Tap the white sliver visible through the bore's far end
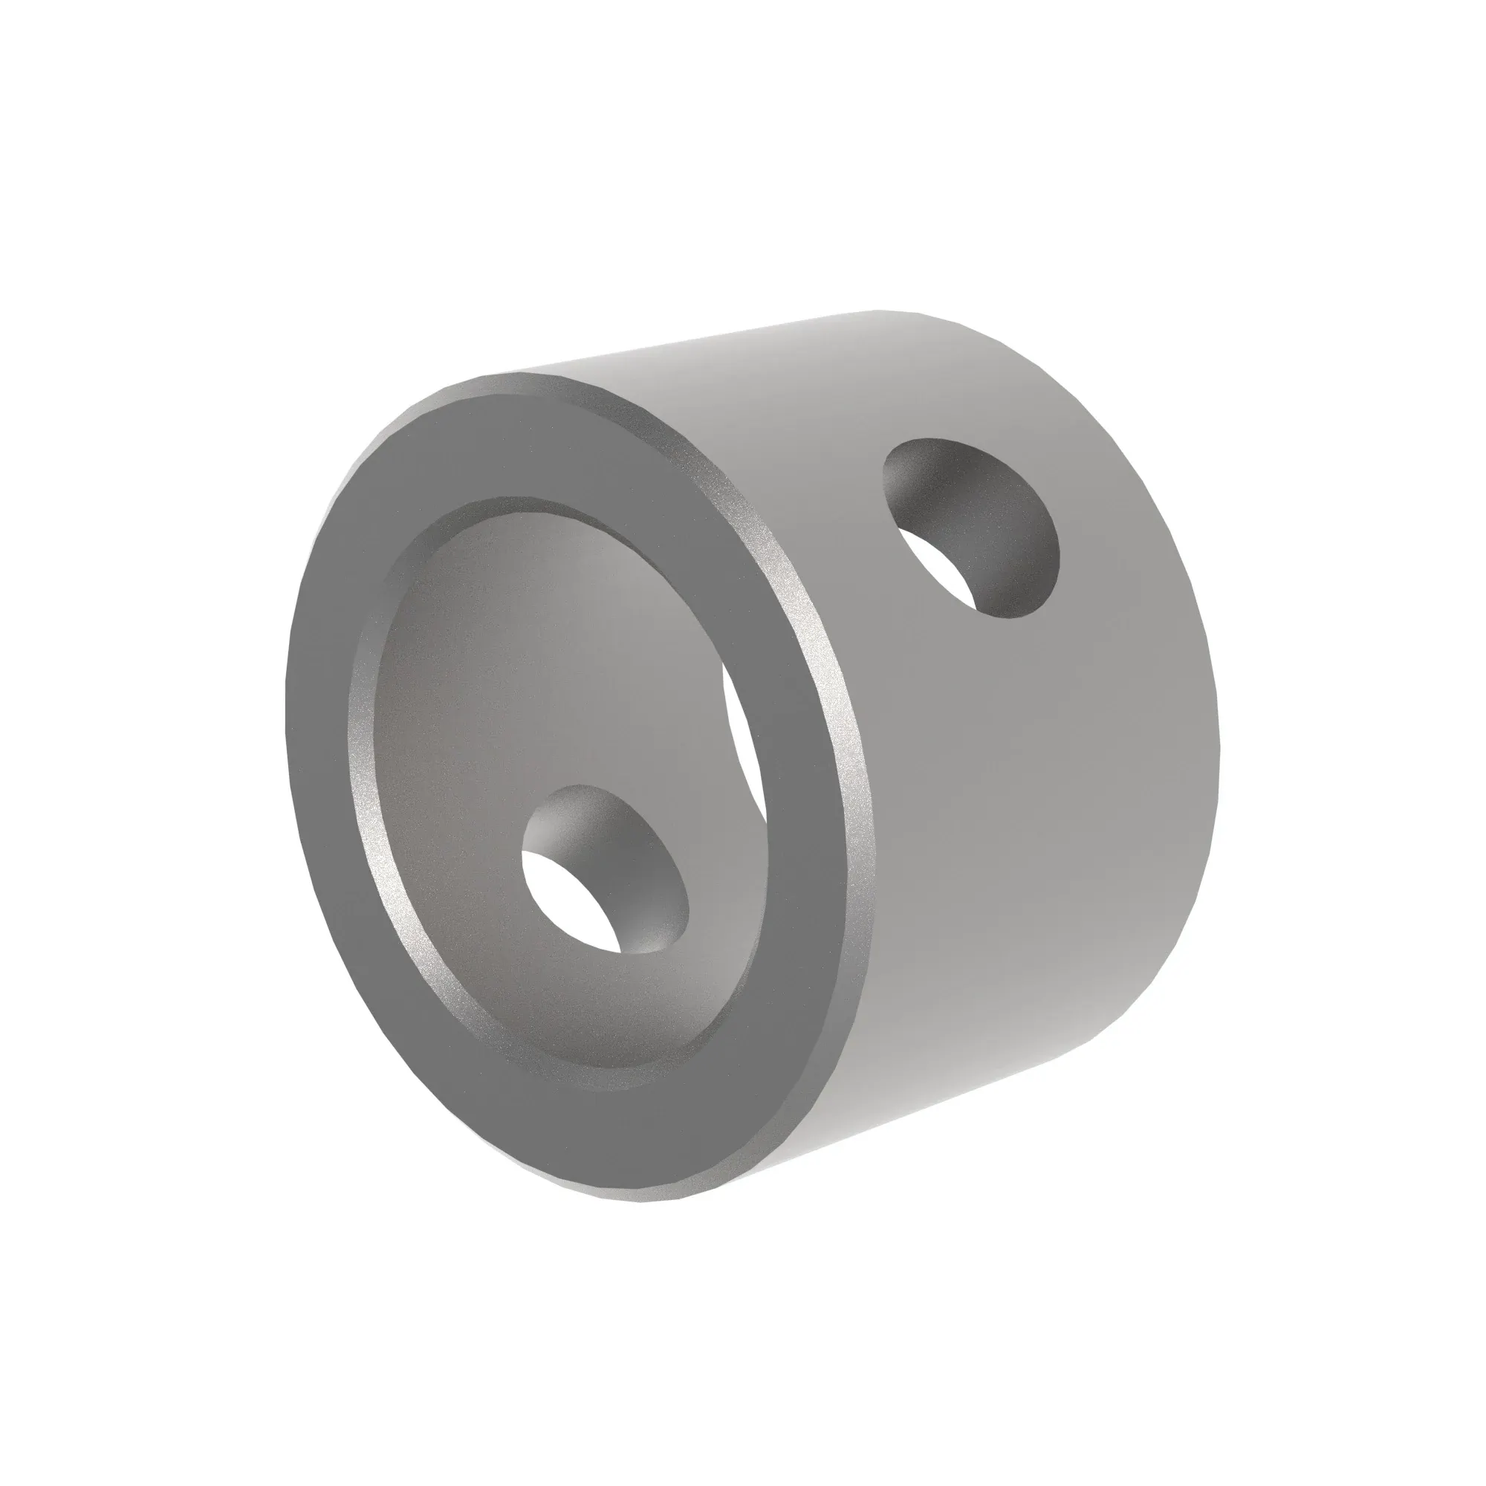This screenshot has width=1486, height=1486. click(x=744, y=739)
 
